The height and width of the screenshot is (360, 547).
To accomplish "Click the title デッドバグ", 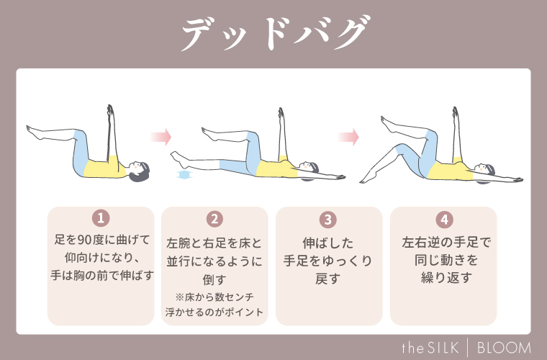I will point(273,35).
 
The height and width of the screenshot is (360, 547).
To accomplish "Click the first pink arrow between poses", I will point(161,136).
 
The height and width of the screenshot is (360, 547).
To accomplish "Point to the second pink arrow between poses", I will point(348,136).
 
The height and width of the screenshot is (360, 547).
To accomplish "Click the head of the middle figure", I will point(308,168).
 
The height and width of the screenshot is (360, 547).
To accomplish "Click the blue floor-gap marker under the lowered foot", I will point(184,175).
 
